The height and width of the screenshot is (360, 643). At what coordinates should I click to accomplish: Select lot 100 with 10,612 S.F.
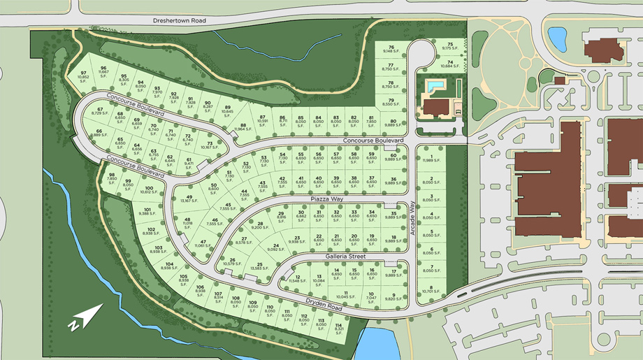click(x=149, y=191)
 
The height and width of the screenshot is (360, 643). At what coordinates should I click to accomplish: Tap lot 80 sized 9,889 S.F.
click(x=393, y=123)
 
